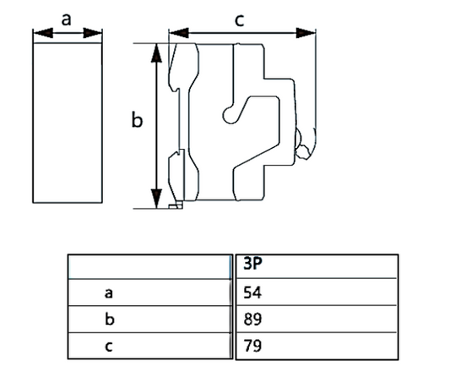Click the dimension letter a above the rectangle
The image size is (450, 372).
pos(67,18)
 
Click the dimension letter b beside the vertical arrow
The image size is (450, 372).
pos(137,121)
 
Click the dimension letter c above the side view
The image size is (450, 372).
pos(240,19)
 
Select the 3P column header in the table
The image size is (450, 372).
pos(252,264)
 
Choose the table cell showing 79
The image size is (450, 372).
pos(252,346)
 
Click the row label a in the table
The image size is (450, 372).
pos(108,293)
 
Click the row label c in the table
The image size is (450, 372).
pos(108,346)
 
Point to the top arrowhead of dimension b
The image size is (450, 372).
pos(155,51)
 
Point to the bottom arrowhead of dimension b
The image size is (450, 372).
pos(155,200)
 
